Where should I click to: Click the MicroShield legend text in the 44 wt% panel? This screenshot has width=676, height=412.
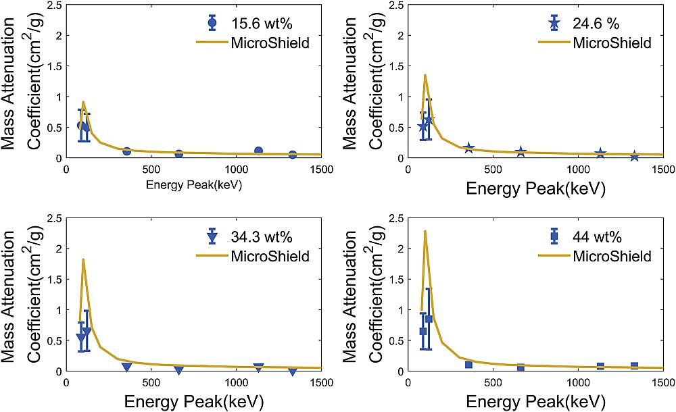(x=612, y=256)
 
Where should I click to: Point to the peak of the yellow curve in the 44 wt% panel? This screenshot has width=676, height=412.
(x=425, y=231)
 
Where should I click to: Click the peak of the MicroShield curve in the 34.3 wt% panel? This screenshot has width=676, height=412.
(x=82, y=259)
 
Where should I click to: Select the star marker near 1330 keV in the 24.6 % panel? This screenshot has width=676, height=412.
(x=634, y=156)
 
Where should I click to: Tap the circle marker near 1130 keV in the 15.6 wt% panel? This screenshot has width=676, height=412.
(x=258, y=151)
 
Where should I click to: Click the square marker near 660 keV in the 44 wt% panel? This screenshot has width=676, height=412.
(x=521, y=367)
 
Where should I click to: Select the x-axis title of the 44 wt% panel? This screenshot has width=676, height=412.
(x=535, y=402)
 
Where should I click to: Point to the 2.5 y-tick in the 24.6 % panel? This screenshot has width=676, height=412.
(x=396, y=5)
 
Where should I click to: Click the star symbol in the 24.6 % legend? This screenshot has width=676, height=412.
(x=554, y=23)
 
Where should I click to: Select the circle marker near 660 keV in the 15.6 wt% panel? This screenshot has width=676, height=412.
(x=179, y=153)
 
